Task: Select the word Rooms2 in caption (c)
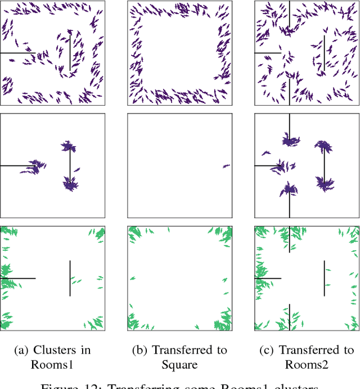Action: (x=307, y=365)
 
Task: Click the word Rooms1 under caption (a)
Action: (x=52, y=365)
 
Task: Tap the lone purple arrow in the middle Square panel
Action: (x=226, y=166)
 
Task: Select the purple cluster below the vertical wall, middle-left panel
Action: (x=69, y=183)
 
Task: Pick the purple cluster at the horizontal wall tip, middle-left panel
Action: (x=36, y=166)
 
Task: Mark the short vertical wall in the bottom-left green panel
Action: (x=70, y=278)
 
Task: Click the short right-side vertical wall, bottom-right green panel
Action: (x=324, y=278)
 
